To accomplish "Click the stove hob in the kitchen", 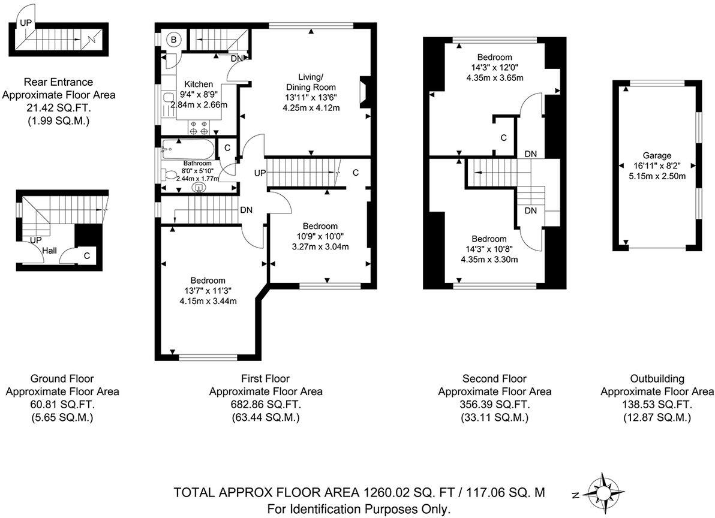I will pos(199,127).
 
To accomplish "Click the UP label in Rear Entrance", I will pos(25,23).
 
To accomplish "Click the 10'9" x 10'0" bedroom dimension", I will pos(319,236).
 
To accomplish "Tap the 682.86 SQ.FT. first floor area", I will pos(265,405).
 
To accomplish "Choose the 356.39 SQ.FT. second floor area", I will pos(494,405).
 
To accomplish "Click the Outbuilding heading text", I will pos(657,378).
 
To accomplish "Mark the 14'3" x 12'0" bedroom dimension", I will pos(494,68).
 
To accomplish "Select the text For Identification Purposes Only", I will pos(358,509).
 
